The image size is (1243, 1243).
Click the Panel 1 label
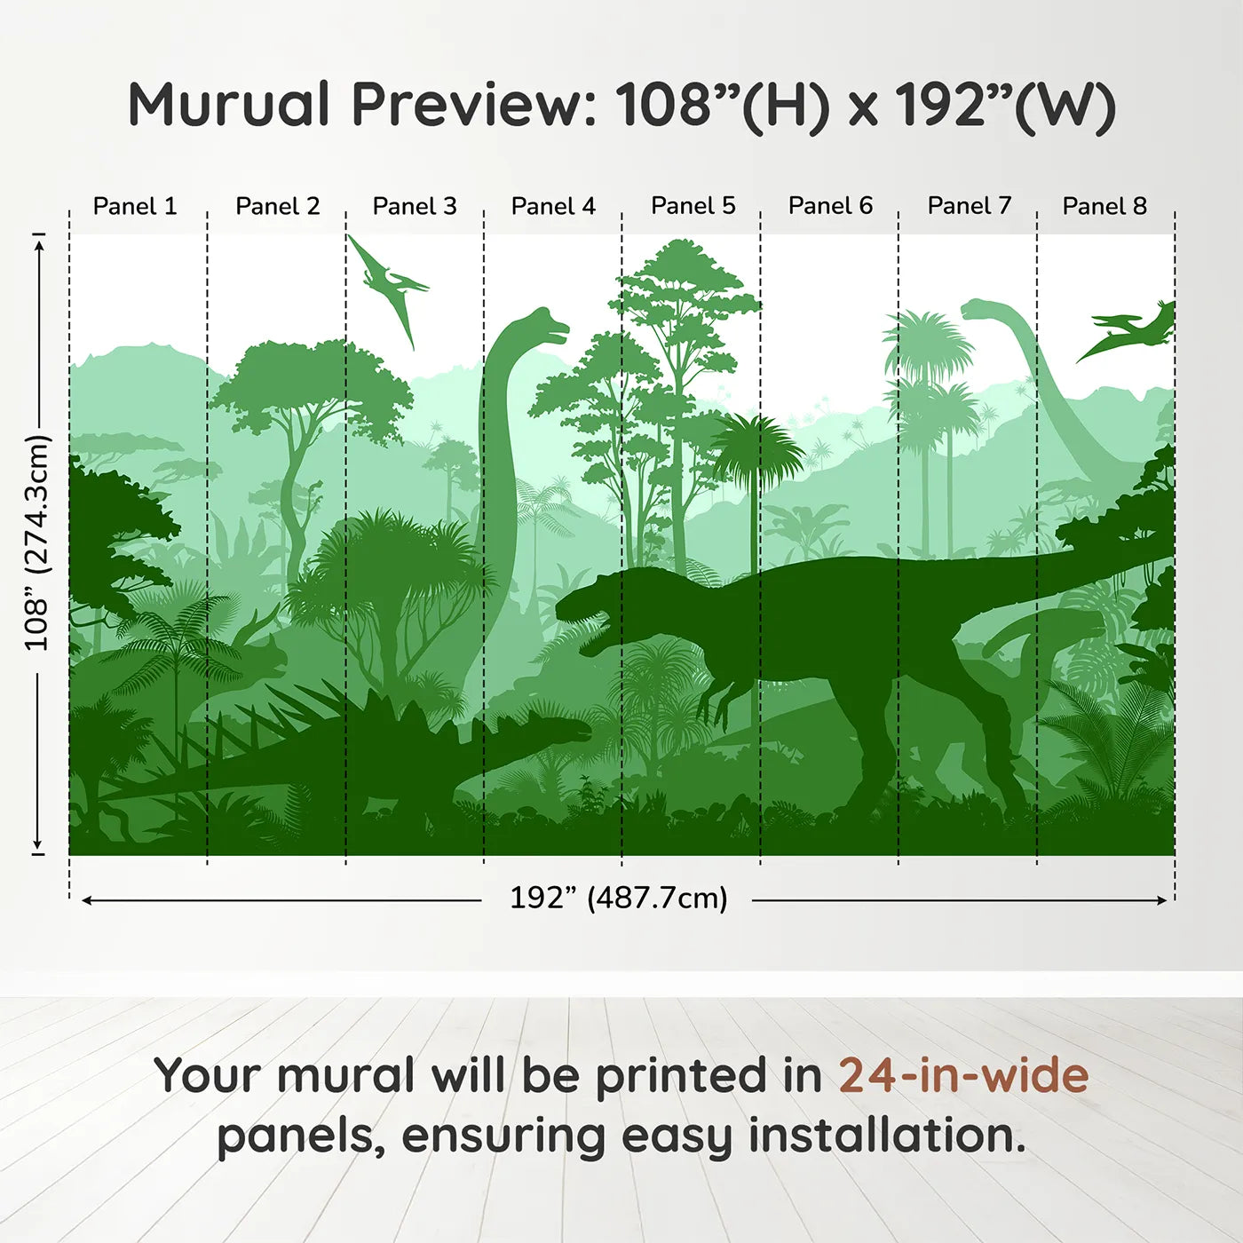point(135,206)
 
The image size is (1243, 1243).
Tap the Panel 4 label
point(553,206)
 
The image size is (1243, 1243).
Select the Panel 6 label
point(830,205)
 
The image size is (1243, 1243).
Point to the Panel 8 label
point(1104,206)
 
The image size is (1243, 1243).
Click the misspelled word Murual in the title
point(229,105)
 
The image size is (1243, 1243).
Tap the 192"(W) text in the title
point(1005,107)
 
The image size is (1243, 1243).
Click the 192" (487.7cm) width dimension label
point(618,898)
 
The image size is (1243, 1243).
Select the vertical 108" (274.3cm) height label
point(37,542)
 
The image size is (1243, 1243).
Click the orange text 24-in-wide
point(963,1075)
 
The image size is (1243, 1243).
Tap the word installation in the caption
point(886,1136)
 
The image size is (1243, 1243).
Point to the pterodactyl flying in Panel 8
point(1127,331)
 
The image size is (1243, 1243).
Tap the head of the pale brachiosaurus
point(980,310)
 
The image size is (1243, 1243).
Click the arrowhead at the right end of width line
point(1161,899)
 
